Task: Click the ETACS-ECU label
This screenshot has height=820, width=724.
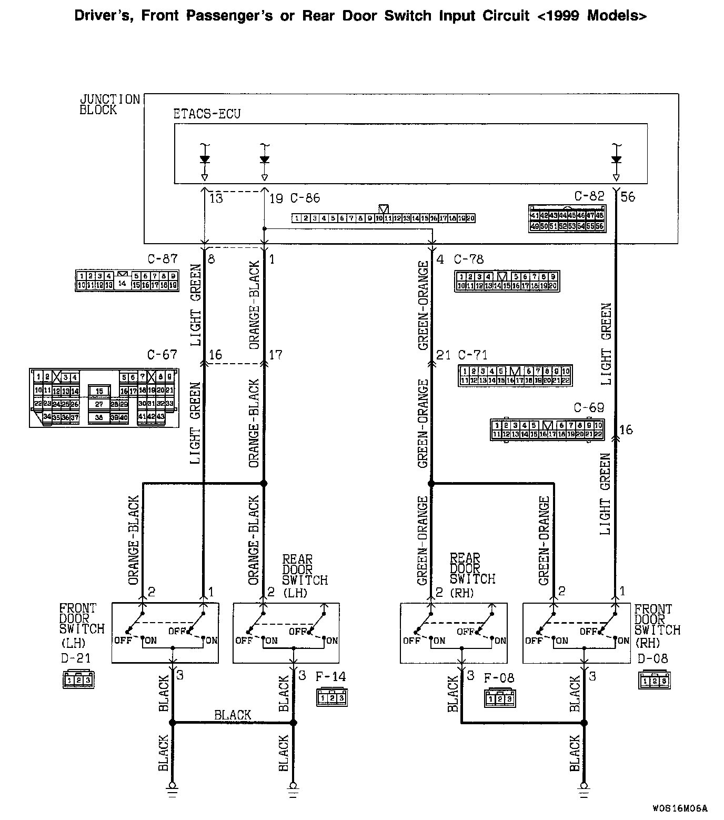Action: (206, 114)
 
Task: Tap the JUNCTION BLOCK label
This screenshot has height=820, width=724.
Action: (109, 104)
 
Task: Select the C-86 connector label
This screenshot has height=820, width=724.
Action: (305, 198)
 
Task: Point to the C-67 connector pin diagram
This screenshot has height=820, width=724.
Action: (104, 397)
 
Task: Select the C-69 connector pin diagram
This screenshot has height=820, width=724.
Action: (547, 429)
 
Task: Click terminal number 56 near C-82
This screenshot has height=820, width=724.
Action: (628, 197)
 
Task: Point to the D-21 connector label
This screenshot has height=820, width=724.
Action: (76, 658)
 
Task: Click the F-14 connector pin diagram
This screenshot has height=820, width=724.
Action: (332, 698)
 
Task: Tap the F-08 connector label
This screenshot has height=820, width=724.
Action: (499, 678)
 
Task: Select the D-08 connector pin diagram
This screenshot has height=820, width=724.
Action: (655, 681)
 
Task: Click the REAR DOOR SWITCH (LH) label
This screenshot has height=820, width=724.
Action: (304, 575)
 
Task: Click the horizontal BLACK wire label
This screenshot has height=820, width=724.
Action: (233, 715)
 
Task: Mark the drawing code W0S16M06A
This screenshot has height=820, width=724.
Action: (679, 808)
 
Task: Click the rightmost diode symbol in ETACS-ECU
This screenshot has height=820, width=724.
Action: (616, 159)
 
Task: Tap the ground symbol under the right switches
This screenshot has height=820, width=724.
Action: (584, 787)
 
